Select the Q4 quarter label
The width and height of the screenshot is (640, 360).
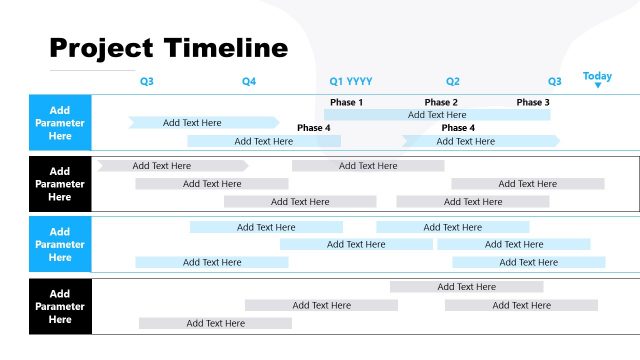249,81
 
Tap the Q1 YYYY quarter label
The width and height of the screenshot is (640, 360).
351,81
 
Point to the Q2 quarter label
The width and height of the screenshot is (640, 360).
453,81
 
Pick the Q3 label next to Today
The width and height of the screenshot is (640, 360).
555,81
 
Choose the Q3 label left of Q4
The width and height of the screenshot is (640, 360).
147,81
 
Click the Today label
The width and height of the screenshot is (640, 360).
597,76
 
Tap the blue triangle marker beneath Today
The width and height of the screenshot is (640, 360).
597,86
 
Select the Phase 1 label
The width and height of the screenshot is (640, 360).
346,102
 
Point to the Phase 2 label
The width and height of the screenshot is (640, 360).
441,102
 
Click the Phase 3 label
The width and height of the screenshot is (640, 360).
533,102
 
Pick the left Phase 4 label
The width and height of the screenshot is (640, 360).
313,128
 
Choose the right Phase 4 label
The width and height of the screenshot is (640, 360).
458,128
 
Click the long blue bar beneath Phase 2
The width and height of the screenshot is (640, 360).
437,115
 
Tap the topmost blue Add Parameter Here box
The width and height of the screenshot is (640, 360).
60,123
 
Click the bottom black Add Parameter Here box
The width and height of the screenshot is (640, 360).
60,306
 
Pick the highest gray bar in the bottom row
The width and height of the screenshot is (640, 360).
466,287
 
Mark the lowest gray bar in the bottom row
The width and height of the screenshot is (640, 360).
215,323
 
